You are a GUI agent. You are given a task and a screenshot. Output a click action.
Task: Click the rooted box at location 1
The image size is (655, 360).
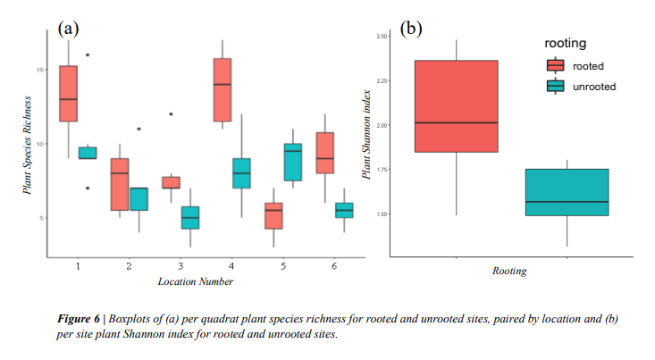pos(69,93)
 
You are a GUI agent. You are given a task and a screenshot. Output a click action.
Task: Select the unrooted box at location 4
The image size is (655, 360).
pos(241,173)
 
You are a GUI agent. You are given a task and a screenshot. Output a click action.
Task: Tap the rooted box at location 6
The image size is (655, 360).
pos(325,153)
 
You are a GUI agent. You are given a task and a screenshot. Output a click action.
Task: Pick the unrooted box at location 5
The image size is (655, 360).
pos(292,162)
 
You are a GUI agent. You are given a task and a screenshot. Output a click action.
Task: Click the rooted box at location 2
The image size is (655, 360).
pos(120,184)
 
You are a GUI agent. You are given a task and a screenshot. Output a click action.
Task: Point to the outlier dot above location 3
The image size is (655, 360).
pos(171,114)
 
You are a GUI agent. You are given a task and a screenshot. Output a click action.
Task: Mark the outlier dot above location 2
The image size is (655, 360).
pos(139,129)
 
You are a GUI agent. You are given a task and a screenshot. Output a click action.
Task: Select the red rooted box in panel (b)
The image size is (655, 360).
pos(457,106)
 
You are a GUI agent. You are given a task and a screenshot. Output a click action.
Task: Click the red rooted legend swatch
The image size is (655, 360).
pos(556,65)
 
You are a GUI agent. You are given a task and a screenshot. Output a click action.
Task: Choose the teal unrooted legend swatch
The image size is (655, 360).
pos(556,86)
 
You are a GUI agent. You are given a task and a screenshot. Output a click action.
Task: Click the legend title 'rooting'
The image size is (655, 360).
pos(565,43)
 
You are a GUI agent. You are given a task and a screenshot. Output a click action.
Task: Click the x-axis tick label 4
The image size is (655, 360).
pos(231,267)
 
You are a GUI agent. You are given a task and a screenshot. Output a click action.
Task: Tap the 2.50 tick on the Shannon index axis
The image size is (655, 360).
pos(383,37)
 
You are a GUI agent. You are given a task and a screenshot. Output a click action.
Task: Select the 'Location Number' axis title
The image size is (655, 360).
pos(196,282)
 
